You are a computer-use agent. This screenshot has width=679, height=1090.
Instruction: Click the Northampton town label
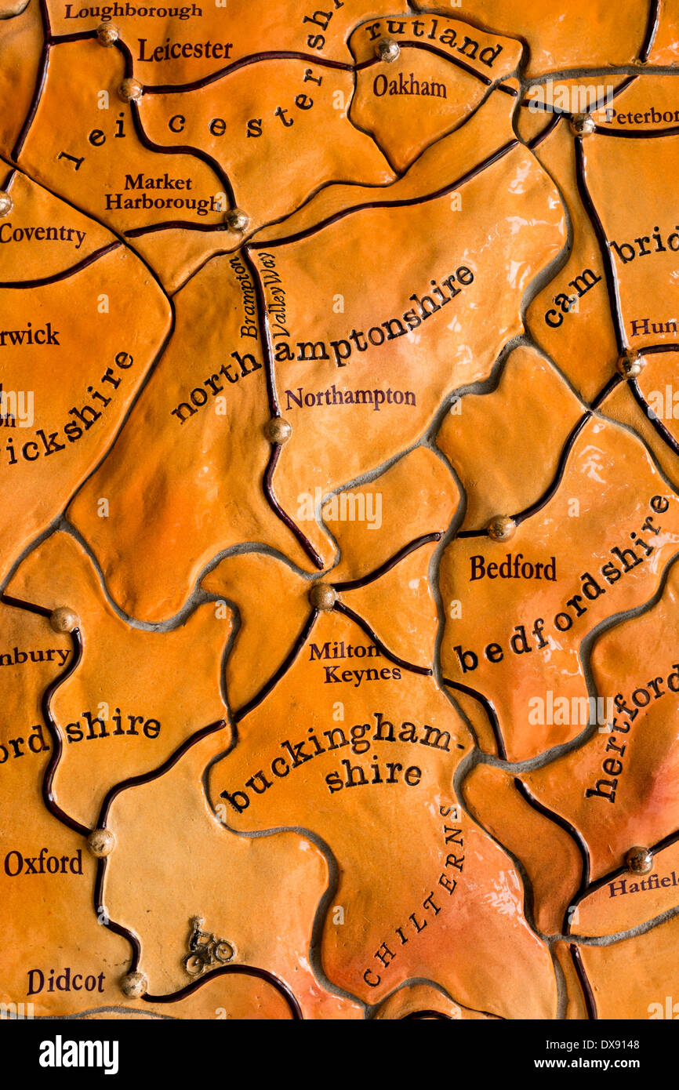(350, 398)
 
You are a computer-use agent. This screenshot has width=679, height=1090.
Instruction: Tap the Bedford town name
(513, 568)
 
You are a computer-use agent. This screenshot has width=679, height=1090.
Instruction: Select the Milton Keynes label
(353, 662)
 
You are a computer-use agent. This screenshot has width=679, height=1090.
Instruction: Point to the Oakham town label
(409, 85)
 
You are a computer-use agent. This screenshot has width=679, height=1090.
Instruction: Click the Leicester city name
(185, 50)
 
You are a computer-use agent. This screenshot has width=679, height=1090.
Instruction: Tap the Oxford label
(43, 863)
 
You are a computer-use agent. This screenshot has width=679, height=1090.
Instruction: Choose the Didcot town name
(66, 981)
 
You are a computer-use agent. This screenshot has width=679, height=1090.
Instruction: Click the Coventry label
(42, 234)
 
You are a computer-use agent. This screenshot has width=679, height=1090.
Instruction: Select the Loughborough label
(133, 11)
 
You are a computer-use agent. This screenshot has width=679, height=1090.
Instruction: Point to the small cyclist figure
(208, 948)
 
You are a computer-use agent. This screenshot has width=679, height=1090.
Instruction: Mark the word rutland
(433, 41)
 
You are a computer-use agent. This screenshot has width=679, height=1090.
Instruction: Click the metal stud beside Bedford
(501, 528)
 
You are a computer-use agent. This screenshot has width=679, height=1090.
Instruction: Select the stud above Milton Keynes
(322, 596)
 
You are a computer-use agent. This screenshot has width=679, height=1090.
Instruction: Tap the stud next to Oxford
(100, 842)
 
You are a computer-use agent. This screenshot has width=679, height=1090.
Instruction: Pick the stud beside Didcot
(133, 984)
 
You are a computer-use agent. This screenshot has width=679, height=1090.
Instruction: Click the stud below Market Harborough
(237, 220)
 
